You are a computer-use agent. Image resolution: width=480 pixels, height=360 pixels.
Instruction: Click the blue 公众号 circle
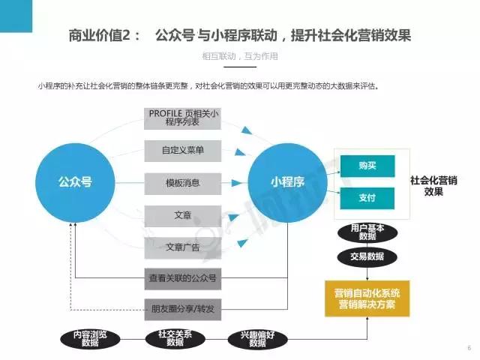[x=75, y=183]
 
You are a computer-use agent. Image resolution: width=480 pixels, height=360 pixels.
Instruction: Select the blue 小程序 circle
[x=287, y=183]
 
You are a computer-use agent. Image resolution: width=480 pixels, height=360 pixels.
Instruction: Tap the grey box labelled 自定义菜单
[x=183, y=151]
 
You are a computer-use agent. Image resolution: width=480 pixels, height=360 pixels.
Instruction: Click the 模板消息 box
[x=183, y=183]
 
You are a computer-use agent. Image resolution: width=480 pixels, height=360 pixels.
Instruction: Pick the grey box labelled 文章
[x=183, y=216]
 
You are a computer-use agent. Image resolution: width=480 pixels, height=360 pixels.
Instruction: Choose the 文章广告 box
[x=183, y=247]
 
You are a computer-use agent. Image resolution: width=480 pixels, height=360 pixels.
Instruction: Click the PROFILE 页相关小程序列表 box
[x=183, y=118]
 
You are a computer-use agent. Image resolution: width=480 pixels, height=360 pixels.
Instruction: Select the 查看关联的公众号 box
[x=183, y=278]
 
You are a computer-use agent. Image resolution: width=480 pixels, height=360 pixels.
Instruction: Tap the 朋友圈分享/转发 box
[x=183, y=310]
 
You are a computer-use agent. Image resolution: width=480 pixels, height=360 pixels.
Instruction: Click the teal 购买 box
[x=367, y=166]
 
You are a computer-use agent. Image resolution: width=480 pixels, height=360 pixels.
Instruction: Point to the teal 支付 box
[x=367, y=198]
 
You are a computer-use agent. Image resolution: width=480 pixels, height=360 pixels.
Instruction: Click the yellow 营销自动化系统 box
[x=367, y=298]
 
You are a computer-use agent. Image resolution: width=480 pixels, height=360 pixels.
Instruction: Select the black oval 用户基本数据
[x=367, y=232]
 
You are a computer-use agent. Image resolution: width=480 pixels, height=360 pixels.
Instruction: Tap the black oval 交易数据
[x=367, y=256]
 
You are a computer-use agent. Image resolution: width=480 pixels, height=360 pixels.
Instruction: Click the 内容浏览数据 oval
[x=90, y=339]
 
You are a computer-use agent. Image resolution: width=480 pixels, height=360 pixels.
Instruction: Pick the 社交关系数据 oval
[x=175, y=339]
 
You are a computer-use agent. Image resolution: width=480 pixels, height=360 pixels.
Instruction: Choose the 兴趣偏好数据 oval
[x=258, y=339]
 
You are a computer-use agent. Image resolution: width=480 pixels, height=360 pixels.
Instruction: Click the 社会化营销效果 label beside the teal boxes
[x=433, y=186]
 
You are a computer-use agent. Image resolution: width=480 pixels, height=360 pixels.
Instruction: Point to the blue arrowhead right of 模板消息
[x=237, y=183]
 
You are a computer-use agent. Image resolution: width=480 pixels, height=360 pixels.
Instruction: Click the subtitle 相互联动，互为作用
[x=240, y=56]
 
